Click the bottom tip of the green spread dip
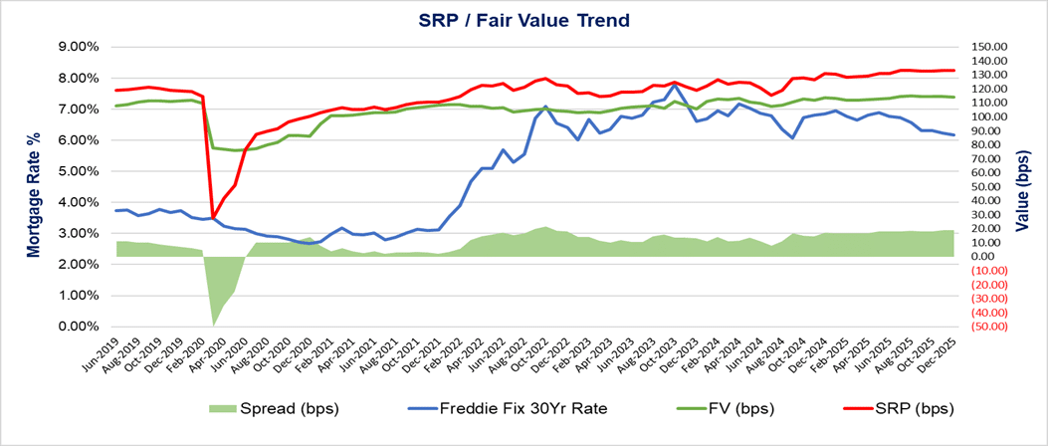[x=213, y=325]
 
